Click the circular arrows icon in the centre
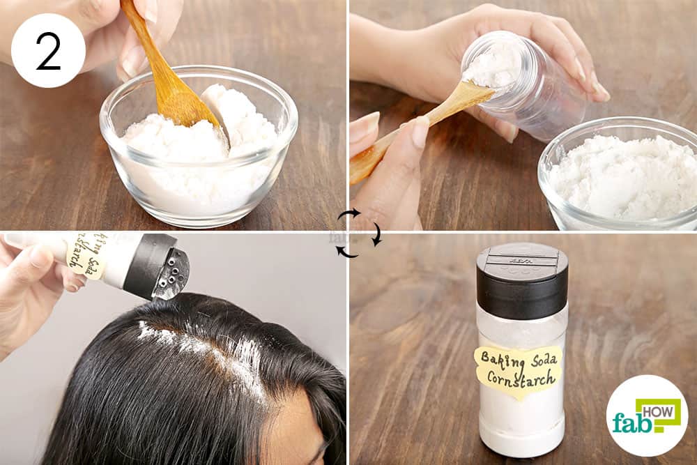(359, 233)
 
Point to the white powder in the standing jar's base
(521, 425)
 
